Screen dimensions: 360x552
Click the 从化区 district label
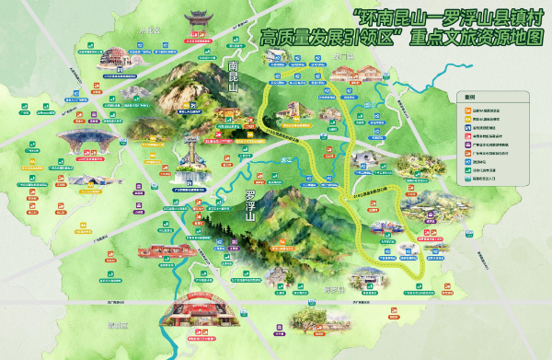pos(149,29)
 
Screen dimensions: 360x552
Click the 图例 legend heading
pos(469,96)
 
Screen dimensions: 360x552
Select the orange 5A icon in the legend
pos(466,110)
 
